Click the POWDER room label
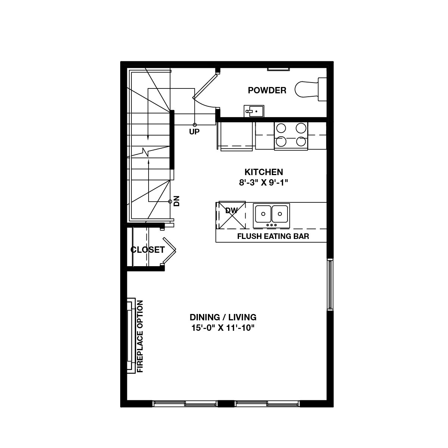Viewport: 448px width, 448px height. pos(267,90)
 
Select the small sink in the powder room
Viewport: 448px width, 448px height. pos(254,111)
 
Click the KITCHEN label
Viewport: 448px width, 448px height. pos(264,172)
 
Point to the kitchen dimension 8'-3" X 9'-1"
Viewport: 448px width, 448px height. pos(264,183)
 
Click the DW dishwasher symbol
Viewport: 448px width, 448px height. pos(231,215)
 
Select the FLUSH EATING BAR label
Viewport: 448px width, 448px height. pos(273,236)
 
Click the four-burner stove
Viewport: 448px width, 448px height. pos(291,135)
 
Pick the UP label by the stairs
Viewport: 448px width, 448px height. pos(194,131)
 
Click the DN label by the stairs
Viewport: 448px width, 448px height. pos(177,201)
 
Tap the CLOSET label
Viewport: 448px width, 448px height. pos(147,250)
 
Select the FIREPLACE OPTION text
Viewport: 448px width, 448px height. pos(140,337)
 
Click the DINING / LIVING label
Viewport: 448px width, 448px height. pos(223,317)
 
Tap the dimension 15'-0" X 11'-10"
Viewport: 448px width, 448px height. pos(223,328)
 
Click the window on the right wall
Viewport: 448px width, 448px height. pos(329,284)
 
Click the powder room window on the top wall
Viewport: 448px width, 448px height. pos(278,69)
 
